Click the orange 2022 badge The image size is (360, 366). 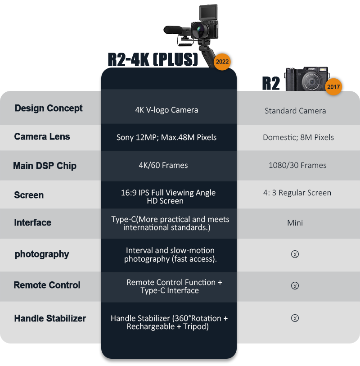tap(222, 62)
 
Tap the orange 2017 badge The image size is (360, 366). tap(333, 87)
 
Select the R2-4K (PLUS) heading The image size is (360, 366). tap(153, 59)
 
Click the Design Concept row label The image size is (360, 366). tap(49, 108)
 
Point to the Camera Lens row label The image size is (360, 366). tap(42, 136)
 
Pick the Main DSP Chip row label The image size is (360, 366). tap(45, 166)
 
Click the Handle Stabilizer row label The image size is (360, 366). tap(50, 318)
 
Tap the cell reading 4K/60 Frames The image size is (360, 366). tap(163, 165)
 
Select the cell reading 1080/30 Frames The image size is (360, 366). tap(297, 165)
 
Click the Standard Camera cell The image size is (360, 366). tap(295, 111)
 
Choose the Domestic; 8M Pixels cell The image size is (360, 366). tap(298, 137)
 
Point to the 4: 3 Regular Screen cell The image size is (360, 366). tap(297, 193)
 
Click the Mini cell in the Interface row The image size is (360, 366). tap(295, 223)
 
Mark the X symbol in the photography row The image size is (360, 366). tap(295, 254)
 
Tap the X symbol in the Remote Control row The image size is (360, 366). tap(295, 286)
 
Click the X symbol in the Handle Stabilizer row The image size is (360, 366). tap(295, 318)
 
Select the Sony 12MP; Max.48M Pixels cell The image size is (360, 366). tap(166, 137)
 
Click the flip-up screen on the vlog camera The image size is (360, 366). tap(208, 12)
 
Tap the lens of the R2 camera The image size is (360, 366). tap(311, 81)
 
